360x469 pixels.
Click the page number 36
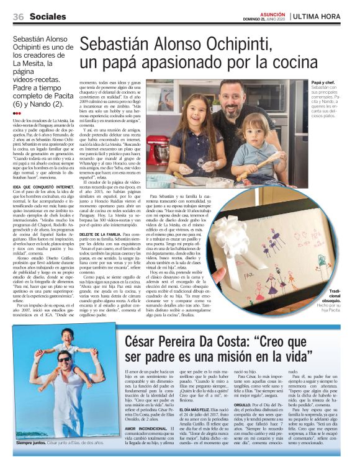coord(18,17)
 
